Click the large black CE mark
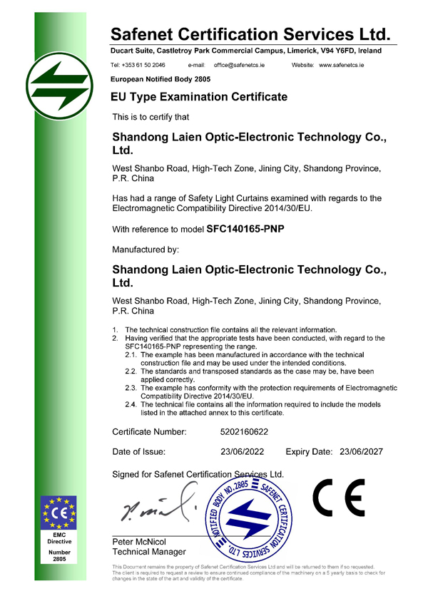tap(338, 498)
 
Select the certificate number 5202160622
tap(245, 432)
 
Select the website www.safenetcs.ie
tap(342, 65)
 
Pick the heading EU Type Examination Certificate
tap(199, 96)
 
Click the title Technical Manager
tap(149, 552)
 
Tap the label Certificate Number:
tap(149, 432)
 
